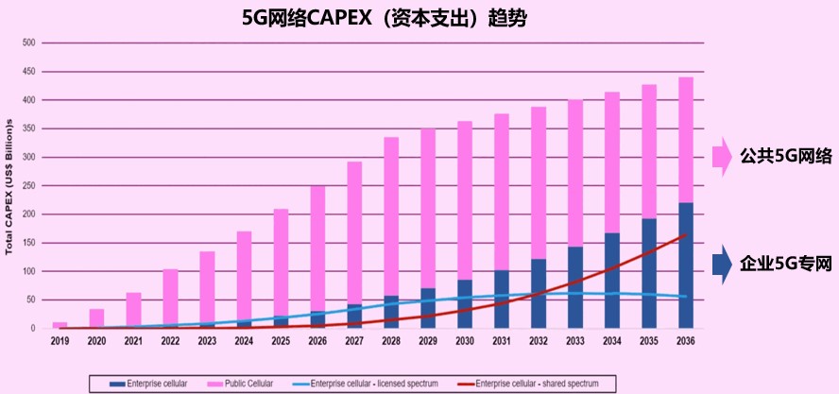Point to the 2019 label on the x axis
pos(60,341)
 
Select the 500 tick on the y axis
pos(27,43)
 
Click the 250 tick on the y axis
pos(27,186)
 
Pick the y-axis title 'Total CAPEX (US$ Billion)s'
pos(9,186)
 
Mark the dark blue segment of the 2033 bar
pos(574,287)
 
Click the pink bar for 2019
pos(60,325)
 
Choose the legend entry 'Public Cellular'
pos(248,383)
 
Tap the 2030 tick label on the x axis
pos(465,341)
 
